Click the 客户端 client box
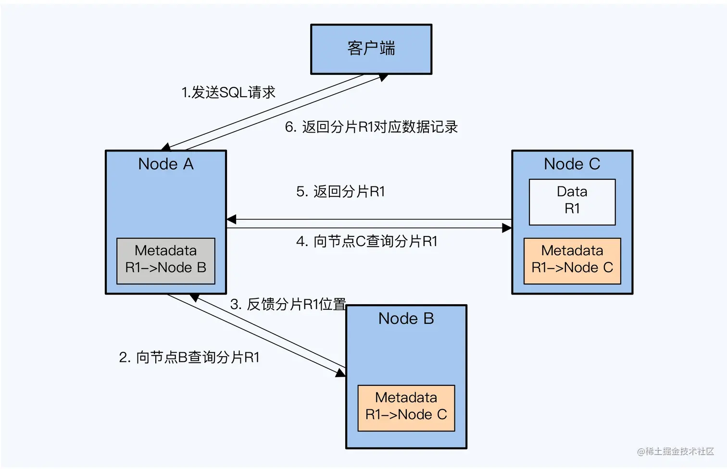[x=371, y=49]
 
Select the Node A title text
[x=166, y=164]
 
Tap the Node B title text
[x=406, y=319]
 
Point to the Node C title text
[x=572, y=164]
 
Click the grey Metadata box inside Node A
[x=166, y=260]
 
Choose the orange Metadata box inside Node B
[x=406, y=407]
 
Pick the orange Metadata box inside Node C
[x=572, y=260]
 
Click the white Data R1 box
[x=572, y=201]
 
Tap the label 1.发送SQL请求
[x=228, y=92]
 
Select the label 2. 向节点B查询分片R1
[x=189, y=358]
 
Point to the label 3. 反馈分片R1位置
[x=288, y=304]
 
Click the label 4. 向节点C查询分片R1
[x=367, y=241]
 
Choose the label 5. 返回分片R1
[x=340, y=192]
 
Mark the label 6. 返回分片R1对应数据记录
[x=371, y=127]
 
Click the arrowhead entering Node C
[x=507, y=228]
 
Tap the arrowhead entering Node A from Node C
[x=231, y=220]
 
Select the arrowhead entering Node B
[x=340, y=372]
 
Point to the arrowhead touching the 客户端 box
[x=383, y=77]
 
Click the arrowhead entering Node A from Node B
[x=194, y=297]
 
